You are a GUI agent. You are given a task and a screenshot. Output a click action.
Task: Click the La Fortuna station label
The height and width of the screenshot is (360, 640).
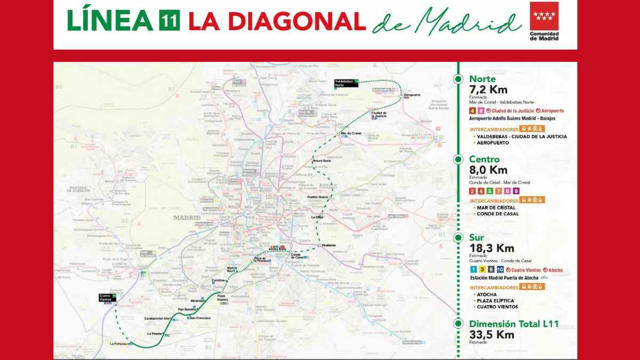(117, 344)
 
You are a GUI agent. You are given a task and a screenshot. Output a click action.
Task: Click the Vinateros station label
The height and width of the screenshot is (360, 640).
(329, 245)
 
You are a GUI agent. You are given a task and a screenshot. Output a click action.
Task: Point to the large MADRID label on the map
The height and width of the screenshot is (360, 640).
(187, 218)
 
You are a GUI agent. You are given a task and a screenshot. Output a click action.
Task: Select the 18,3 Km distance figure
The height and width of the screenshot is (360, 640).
(491, 249)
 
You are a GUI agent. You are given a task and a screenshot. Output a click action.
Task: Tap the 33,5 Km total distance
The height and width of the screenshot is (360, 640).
(491, 334)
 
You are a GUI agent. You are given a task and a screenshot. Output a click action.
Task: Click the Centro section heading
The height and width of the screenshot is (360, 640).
(484, 159)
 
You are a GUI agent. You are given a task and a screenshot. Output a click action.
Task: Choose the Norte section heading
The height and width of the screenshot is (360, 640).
(482, 79)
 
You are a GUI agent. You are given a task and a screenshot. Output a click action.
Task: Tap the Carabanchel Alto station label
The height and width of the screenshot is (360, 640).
(157, 318)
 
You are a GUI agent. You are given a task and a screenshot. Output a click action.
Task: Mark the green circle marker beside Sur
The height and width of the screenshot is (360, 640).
(458, 238)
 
